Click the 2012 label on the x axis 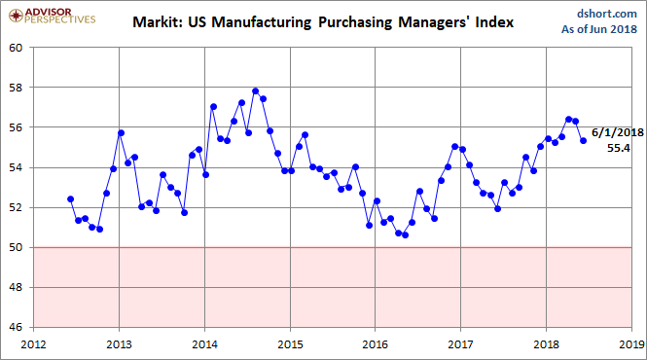tap(33, 343)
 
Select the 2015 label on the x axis tap(290, 343)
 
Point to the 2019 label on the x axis tap(631, 343)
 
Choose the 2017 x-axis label tap(460, 343)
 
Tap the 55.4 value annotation tap(619, 148)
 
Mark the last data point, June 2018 tap(583, 140)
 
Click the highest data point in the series tap(255, 91)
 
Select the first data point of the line tap(70, 198)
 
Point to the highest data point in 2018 tap(568, 120)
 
